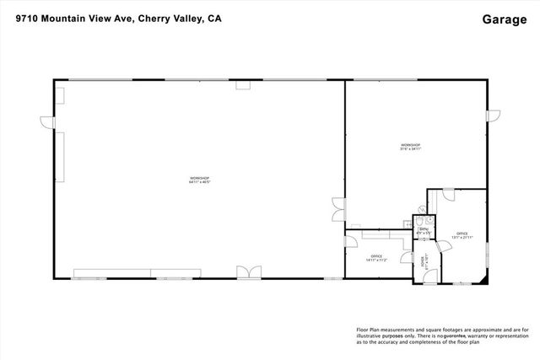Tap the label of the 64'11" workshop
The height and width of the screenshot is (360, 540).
[x=199, y=180]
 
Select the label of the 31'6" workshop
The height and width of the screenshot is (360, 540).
[x=411, y=148]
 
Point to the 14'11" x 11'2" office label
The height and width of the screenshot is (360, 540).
[x=376, y=258]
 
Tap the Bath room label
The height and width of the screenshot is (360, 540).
[x=424, y=230]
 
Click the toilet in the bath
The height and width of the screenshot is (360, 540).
[x=419, y=217]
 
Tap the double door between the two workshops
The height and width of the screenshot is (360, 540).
[x=337, y=205]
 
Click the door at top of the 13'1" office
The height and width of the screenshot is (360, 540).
[x=448, y=195]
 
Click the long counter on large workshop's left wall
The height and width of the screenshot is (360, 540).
[x=62, y=155]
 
